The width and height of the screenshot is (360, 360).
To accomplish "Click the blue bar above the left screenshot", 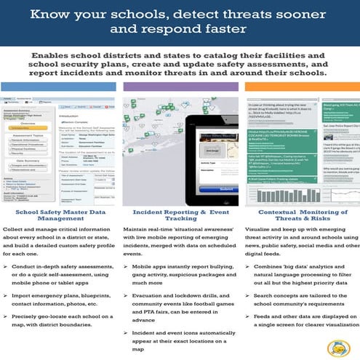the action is click(x=60, y=87).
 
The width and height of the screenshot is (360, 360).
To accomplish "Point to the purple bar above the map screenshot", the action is click(x=180, y=87).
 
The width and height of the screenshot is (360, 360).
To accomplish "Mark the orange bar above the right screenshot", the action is click(x=300, y=87).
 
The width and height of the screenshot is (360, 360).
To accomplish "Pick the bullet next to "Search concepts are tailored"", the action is click(x=247, y=299).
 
